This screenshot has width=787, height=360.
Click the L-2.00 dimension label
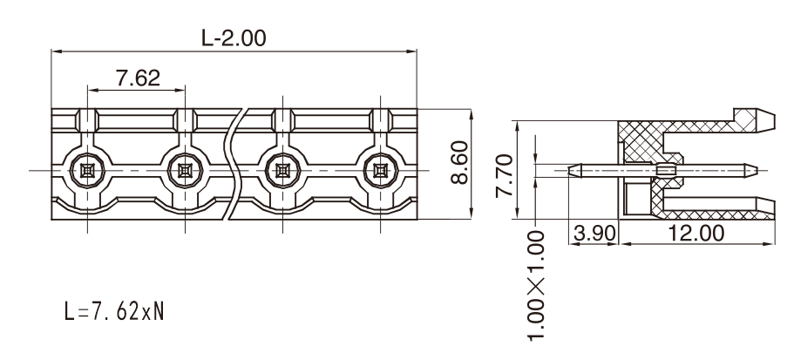[234, 37]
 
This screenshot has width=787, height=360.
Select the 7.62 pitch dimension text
[138, 78]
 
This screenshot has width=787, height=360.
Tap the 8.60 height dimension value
[459, 162]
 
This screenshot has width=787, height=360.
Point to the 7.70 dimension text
[504, 176]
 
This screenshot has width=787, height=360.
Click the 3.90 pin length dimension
[594, 234]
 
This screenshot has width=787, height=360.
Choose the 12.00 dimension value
[696, 234]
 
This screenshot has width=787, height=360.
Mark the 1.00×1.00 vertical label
[536, 286]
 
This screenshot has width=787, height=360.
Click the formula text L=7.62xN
[114, 312]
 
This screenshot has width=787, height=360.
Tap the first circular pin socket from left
[88, 171]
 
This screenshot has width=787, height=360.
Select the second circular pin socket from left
[186, 171]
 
